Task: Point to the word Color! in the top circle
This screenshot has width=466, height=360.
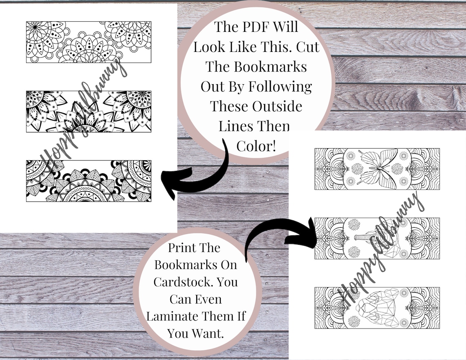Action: pyautogui.click(x=256, y=146)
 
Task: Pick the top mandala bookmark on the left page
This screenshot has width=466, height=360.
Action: pyautogui.click(x=89, y=42)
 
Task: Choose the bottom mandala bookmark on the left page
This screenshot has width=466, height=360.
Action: pyautogui.click(x=89, y=181)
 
